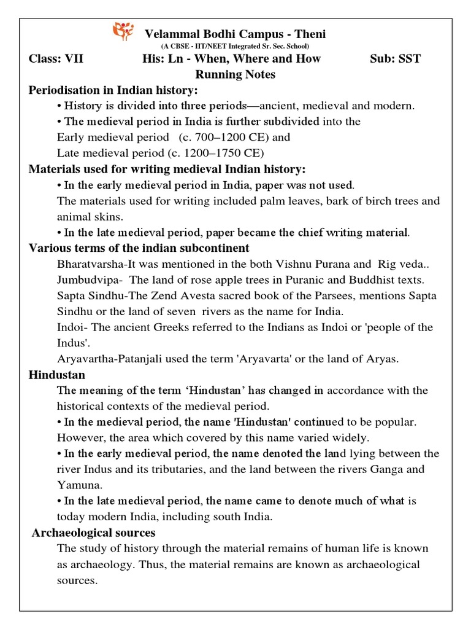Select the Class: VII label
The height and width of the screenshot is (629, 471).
[56, 59]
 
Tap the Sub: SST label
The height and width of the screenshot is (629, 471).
[396, 59]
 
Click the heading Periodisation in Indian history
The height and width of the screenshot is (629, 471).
[113, 90]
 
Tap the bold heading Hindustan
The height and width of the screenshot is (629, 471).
[57, 375]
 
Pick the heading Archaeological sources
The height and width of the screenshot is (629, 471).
[94, 533]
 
